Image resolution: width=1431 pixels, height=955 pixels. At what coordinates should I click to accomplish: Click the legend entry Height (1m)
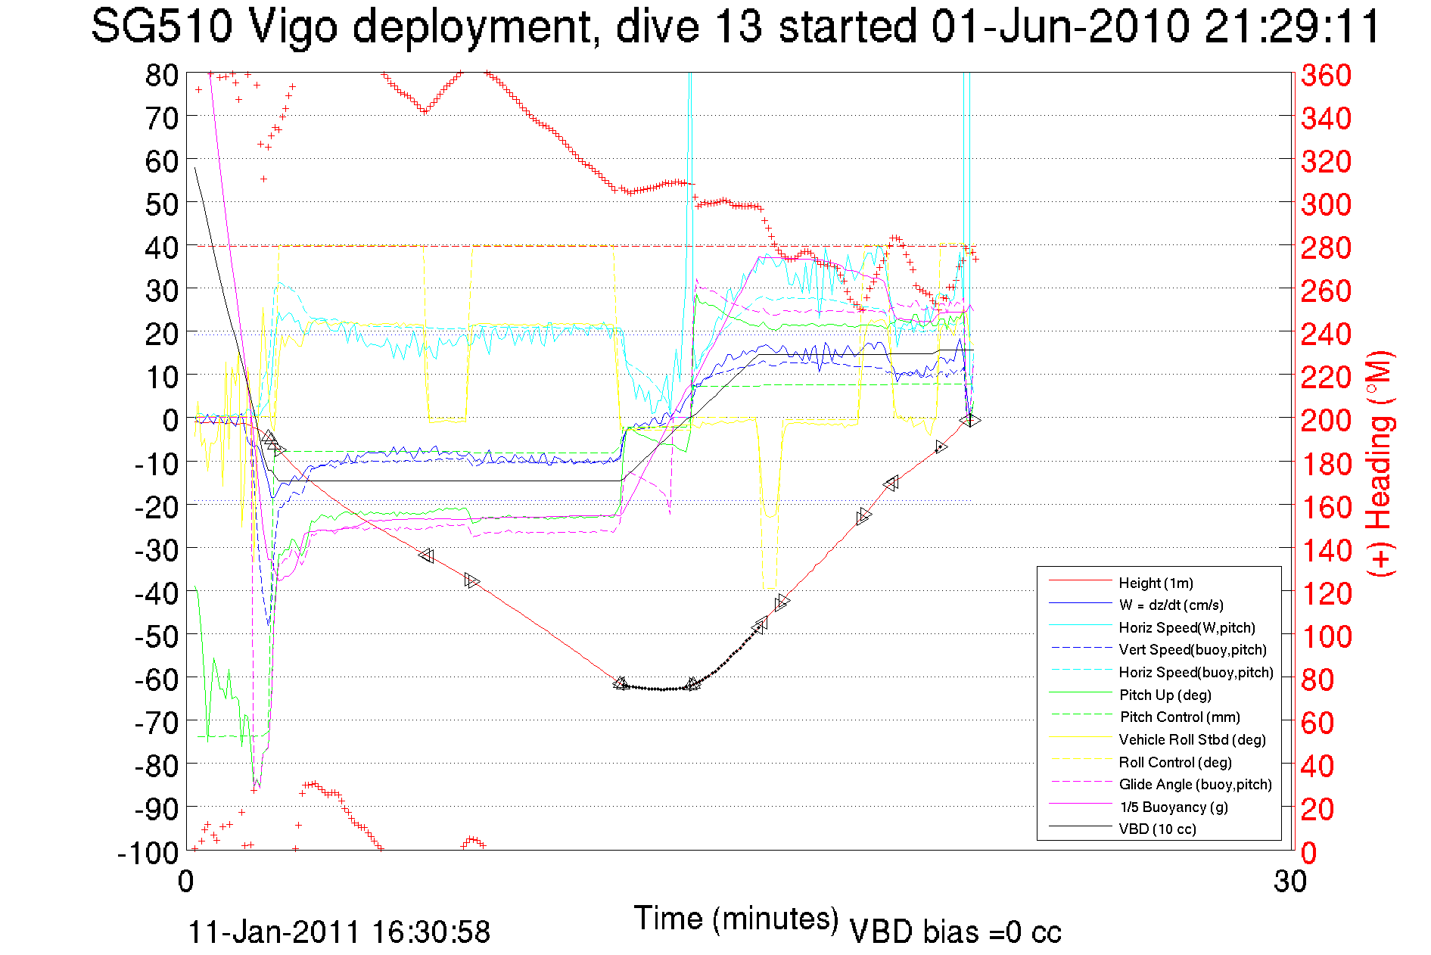tap(1156, 583)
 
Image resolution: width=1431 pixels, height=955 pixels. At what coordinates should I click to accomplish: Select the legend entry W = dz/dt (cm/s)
tap(1171, 605)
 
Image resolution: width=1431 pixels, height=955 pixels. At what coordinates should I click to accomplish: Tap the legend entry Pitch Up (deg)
tap(1165, 695)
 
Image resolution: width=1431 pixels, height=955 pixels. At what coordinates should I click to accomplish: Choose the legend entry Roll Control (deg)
tap(1174, 762)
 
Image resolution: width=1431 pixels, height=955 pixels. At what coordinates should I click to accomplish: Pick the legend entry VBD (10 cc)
tap(1157, 829)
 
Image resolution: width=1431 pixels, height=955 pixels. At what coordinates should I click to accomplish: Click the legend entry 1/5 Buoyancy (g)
tap(1173, 807)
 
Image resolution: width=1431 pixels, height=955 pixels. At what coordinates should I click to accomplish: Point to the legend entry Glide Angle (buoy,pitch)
tap(1195, 784)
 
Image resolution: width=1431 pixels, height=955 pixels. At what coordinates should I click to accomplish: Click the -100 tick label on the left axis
tap(148, 852)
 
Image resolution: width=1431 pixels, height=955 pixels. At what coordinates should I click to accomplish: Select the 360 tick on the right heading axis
tap(1326, 75)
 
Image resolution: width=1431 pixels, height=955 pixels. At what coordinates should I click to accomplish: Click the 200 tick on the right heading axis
tap(1326, 420)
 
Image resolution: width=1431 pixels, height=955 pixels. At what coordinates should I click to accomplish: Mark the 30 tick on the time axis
tap(1289, 882)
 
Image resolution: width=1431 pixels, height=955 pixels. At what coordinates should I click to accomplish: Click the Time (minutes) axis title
tap(736, 919)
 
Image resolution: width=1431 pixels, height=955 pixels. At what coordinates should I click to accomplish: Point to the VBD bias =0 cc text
tap(955, 932)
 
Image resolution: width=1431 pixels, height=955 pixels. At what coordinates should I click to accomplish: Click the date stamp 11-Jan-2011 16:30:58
tap(339, 932)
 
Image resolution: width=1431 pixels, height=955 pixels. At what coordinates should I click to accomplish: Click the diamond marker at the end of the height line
tap(969, 420)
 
